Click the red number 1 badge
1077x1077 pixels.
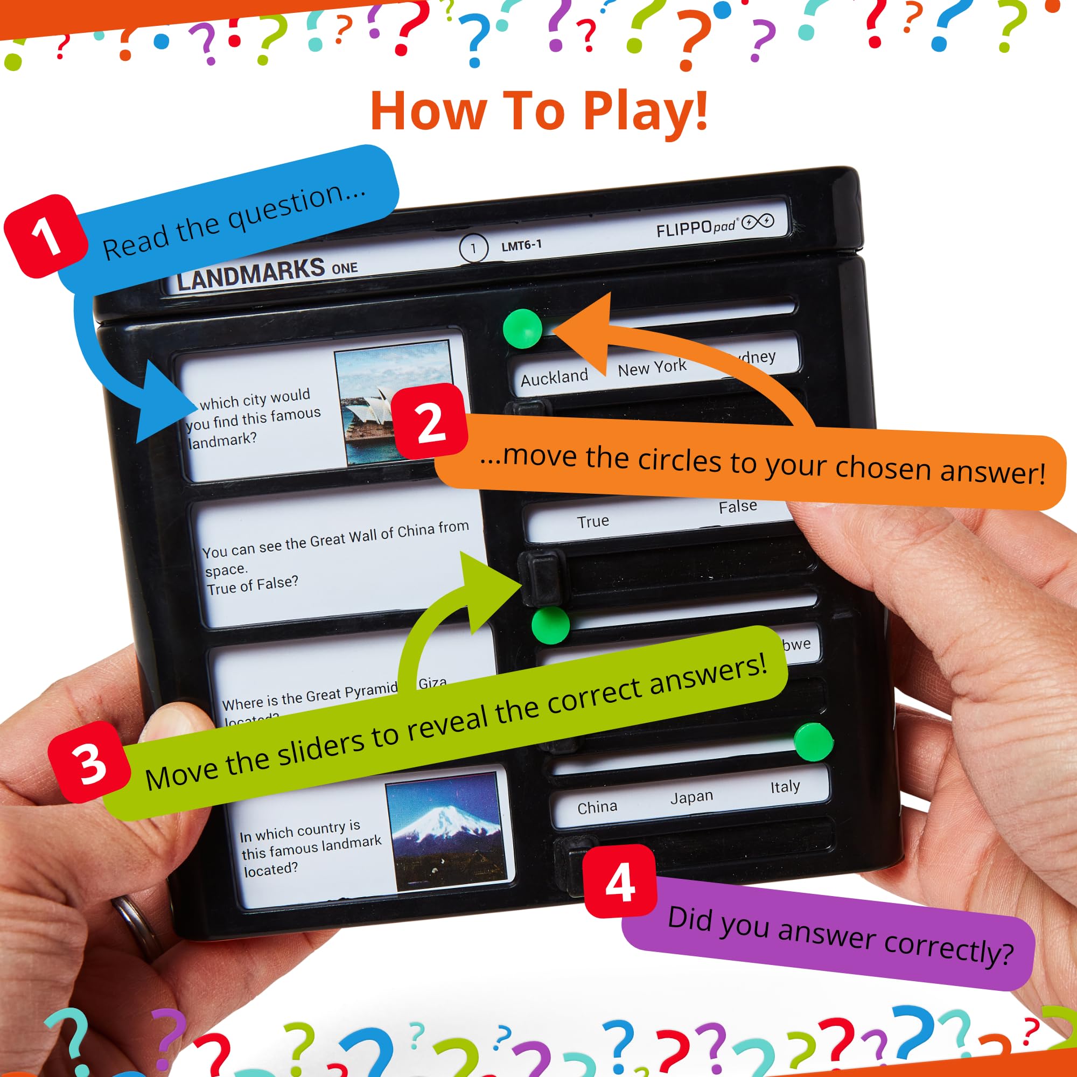click(x=46, y=236)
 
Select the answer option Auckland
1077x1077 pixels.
click(x=554, y=378)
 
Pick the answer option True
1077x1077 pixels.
click(x=592, y=522)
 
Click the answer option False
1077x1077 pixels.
click(x=738, y=507)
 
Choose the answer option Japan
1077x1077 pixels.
click(x=691, y=797)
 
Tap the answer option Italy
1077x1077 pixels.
click(x=785, y=787)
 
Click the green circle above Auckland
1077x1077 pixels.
click(x=522, y=329)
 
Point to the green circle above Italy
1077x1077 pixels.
click(x=813, y=742)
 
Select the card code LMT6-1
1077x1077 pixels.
click(x=521, y=245)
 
